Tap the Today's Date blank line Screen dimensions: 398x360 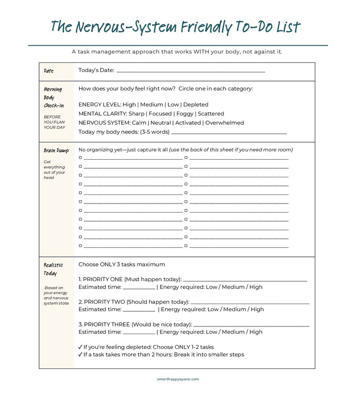tap(191, 71)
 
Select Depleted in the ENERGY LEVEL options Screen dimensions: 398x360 tap(195, 104)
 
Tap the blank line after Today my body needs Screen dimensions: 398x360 tap(229, 133)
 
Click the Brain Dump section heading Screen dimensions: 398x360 tap(56, 151)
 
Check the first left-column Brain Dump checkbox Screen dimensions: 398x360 tap(81, 158)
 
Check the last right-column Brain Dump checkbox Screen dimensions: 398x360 tap(186, 246)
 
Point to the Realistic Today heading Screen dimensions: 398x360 tap(53, 269)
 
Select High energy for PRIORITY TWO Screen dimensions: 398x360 tap(257, 309)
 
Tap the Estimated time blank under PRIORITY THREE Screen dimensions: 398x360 tap(139, 333)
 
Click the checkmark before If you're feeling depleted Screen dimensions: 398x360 tap(80, 347)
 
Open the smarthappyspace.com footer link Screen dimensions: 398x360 tap(178, 379)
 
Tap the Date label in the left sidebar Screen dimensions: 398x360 tap(49, 71)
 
